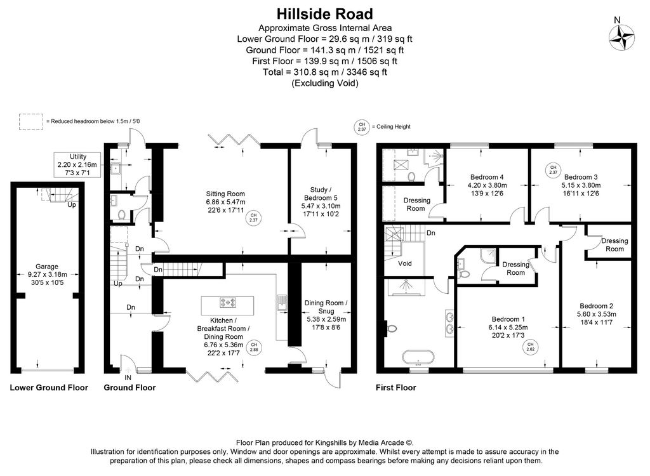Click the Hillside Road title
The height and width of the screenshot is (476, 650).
[325, 14]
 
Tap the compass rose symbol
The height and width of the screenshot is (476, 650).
[621, 37]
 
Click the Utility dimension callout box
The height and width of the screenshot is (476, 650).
[77, 164]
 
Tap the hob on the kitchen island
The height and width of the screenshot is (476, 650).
[228, 303]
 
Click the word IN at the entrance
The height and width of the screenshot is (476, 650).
[128, 378]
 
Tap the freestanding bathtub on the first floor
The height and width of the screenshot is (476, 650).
[418, 357]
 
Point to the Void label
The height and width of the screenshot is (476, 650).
[404, 263]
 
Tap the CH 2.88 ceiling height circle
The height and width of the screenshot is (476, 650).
[254, 347]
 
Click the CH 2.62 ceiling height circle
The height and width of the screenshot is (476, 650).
[530, 347]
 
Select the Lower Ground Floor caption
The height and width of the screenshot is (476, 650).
[49, 388]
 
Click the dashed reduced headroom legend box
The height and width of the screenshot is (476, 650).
[31, 122]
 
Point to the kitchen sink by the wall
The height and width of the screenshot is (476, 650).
[281, 303]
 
